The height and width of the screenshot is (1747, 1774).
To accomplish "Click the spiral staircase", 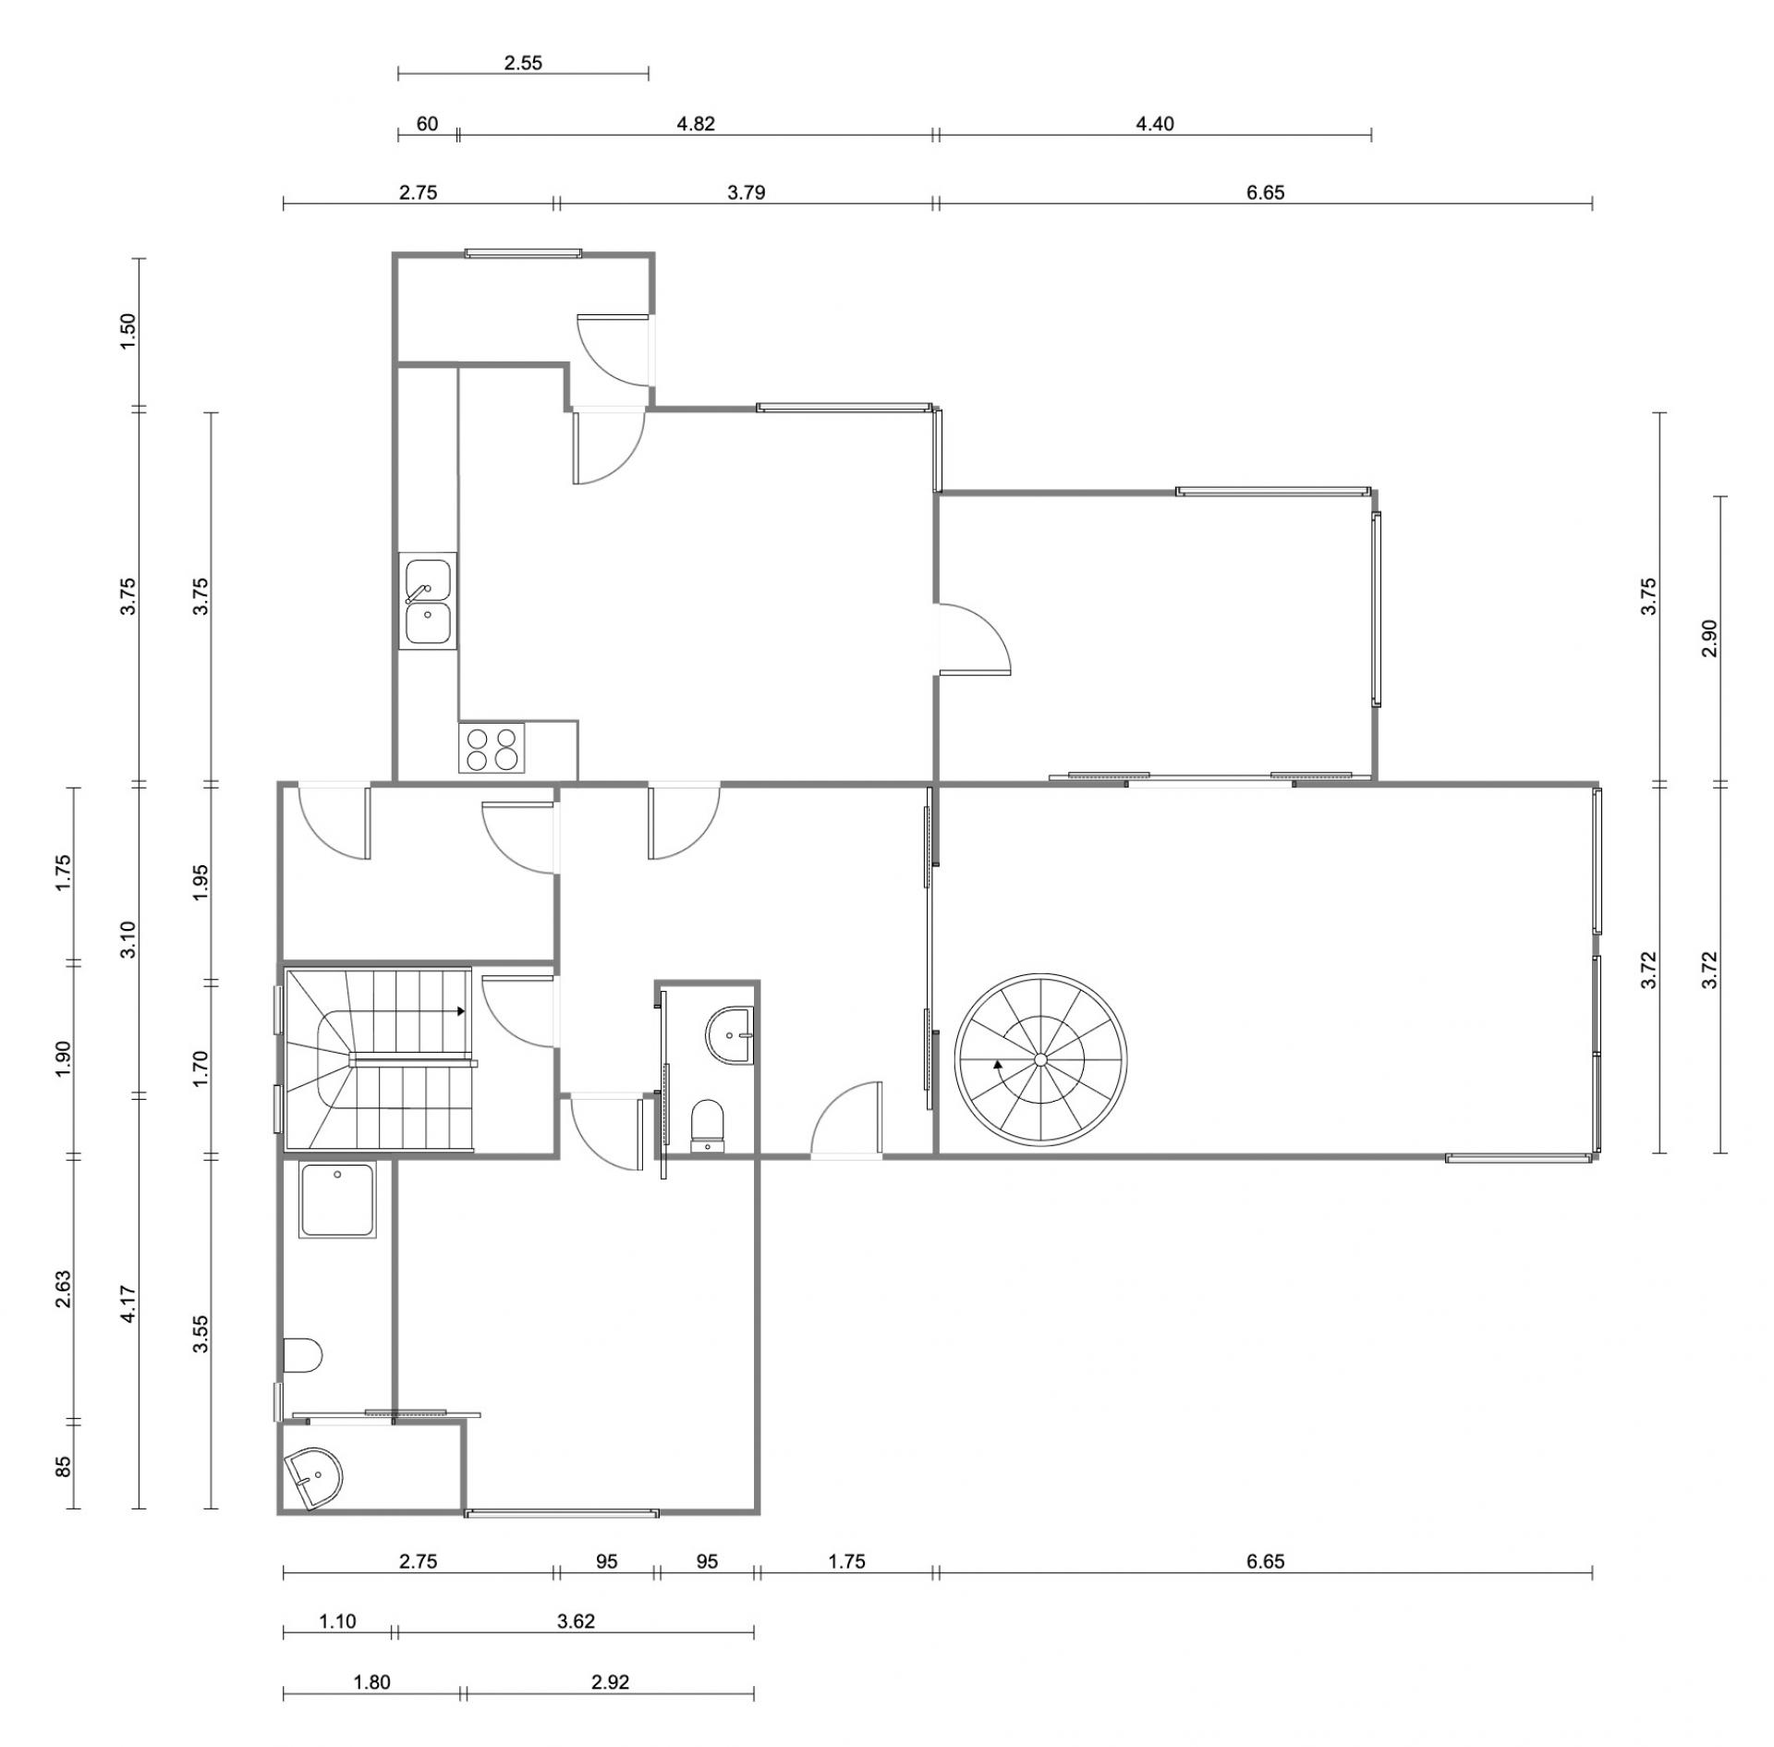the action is pyautogui.click(x=1040, y=1058).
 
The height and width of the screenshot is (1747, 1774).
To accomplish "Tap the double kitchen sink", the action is pyautogui.click(x=428, y=601).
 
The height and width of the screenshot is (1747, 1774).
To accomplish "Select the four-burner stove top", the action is pyautogui.click(x=492, y=748).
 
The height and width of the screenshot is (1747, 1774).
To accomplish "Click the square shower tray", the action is pyautogui.click(x=337, y=1200).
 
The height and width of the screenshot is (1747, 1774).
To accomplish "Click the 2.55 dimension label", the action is pyautogui.click(x=523, y=64).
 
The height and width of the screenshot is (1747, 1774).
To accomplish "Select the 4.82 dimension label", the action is pyautogui.click(x=696, y=124).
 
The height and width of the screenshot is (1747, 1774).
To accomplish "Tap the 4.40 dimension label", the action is pyautogui.click(x=1154, y=124).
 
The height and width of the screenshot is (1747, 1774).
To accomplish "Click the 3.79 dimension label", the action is pyautogui.click(x=747, y=192).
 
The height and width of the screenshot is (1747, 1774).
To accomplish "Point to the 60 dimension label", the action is pyautogui.click(x=427, y=124).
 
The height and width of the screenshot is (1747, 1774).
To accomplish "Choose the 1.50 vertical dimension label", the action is pyautogui.click(x=128, y=331).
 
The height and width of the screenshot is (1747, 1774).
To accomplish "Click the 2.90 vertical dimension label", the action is pyautogui.click(x=1708, y=638).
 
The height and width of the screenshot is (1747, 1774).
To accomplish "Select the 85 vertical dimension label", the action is pyautogui.click(x=64, y=1467).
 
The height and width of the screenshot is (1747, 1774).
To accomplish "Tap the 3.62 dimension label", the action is pyautogui.click(x=576, y=1620).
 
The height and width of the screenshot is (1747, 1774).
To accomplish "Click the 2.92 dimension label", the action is pyautogui.click(x=610, y=1681).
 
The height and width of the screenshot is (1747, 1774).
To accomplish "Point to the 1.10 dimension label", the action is pyautogui.click(x=338, y=1620).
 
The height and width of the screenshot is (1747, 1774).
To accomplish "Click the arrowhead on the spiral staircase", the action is pyautogui.click(x=998, y=1064).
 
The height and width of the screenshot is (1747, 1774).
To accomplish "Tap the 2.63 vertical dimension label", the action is pyautogui.click(x=64, y=1289).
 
